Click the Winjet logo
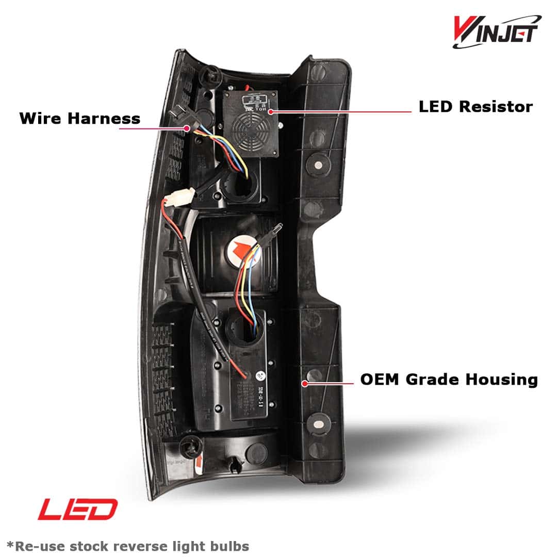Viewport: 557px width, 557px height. coord(496,31)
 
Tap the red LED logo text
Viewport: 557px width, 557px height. coord(78,510)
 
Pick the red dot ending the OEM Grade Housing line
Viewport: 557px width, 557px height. coord(305,383)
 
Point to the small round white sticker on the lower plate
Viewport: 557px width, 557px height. coord(261,375)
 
